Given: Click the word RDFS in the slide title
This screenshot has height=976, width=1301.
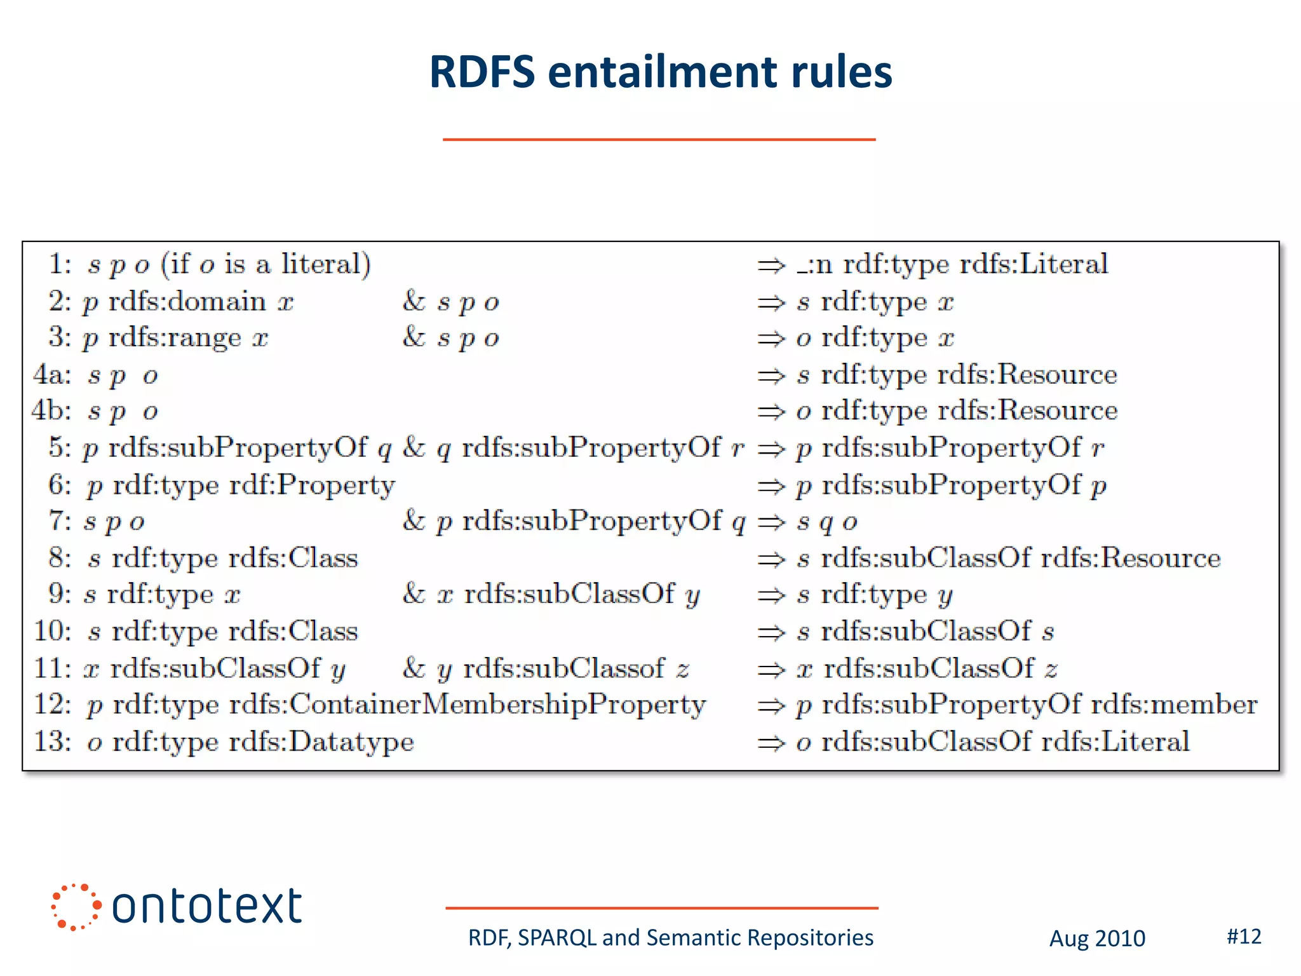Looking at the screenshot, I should tap(482, 71).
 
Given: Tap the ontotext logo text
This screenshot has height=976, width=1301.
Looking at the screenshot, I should tap(206, 906).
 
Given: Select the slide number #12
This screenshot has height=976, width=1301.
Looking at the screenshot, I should tap(1244, 936).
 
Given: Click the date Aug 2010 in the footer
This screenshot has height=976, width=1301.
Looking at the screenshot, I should tap(1097, 939).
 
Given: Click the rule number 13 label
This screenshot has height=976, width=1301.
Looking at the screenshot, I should tap(53, 741).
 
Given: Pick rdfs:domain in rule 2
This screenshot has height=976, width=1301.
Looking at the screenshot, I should tap(187, 301).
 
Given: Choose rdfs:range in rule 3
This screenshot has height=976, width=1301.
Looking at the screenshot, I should tap(175, 337).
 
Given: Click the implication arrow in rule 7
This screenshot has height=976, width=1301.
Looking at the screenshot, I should tap(771, 522).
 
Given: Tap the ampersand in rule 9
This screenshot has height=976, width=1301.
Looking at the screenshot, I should tap(414, 594).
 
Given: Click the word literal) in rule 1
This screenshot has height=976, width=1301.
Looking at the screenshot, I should tap(326, 264).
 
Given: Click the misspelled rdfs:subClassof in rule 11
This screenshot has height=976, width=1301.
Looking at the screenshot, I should tap(563, 668).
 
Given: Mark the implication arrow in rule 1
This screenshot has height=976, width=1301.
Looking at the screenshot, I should tap(771, 265).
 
